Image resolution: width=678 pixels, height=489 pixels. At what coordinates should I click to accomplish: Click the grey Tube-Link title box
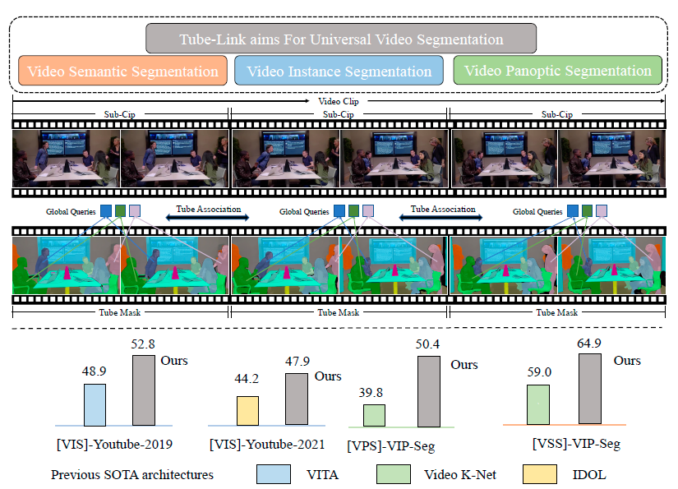pos(341,39)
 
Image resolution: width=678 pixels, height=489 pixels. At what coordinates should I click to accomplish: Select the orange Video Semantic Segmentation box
pos(122,71)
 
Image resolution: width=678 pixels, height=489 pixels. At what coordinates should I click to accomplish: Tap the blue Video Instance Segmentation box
pos(338,71)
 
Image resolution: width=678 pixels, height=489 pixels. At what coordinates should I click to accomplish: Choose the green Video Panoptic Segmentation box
pos(557,70)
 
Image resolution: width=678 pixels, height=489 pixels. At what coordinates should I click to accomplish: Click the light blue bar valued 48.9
pos(95,404)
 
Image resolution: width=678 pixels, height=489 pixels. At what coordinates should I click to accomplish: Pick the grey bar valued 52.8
pos(143,390)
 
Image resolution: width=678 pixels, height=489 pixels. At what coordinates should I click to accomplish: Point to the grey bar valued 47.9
pos(297,399)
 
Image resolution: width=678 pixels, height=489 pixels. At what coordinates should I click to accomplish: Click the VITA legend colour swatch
pos(273,473)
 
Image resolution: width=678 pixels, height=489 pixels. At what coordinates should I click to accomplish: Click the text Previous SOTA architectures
pos(132,474)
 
